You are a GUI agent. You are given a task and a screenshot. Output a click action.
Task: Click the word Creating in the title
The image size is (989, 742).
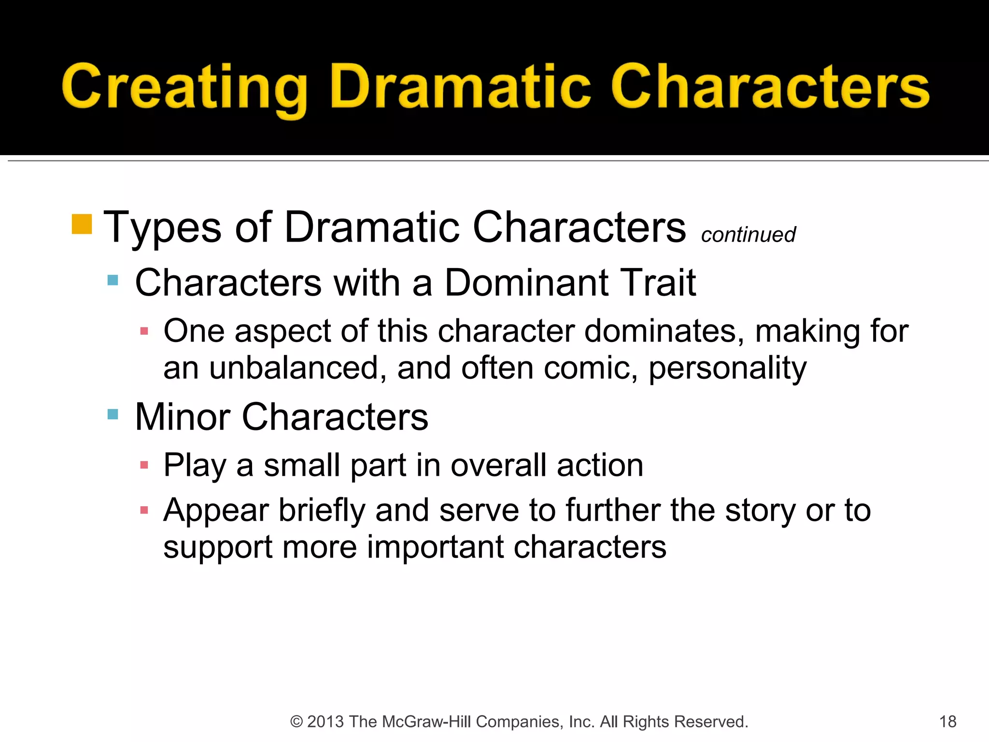pyautogui.click(x=184, y=87)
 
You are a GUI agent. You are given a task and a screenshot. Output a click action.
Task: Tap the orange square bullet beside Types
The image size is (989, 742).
pyautogui.click(x=82, y=224)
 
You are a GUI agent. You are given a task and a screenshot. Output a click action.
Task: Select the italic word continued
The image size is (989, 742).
pyautogui.click(x=748, y=235)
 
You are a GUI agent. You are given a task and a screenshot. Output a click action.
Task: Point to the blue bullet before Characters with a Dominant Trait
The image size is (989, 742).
pyautogui.click(x=113, y=280)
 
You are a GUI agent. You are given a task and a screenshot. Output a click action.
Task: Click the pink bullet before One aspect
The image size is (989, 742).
pyautogui.click(x=144, y=331)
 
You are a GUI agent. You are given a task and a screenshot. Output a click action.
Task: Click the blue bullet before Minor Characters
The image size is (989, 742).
pyautogui.click(x=113, y=414)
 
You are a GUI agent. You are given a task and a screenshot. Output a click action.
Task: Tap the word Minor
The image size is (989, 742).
pyautogui.click(x=183, y=416)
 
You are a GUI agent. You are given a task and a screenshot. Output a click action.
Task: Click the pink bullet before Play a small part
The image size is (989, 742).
pyautogui.click(x=144, y=465)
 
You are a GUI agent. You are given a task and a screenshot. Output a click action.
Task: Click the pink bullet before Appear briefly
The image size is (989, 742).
pyautogui.click(x=144, y=510)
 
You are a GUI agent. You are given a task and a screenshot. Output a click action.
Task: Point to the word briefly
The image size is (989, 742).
pyautogui.click(x=322, y=511)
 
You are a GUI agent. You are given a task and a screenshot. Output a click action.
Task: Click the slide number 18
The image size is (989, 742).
pyautogui.click(x=947, y=722)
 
